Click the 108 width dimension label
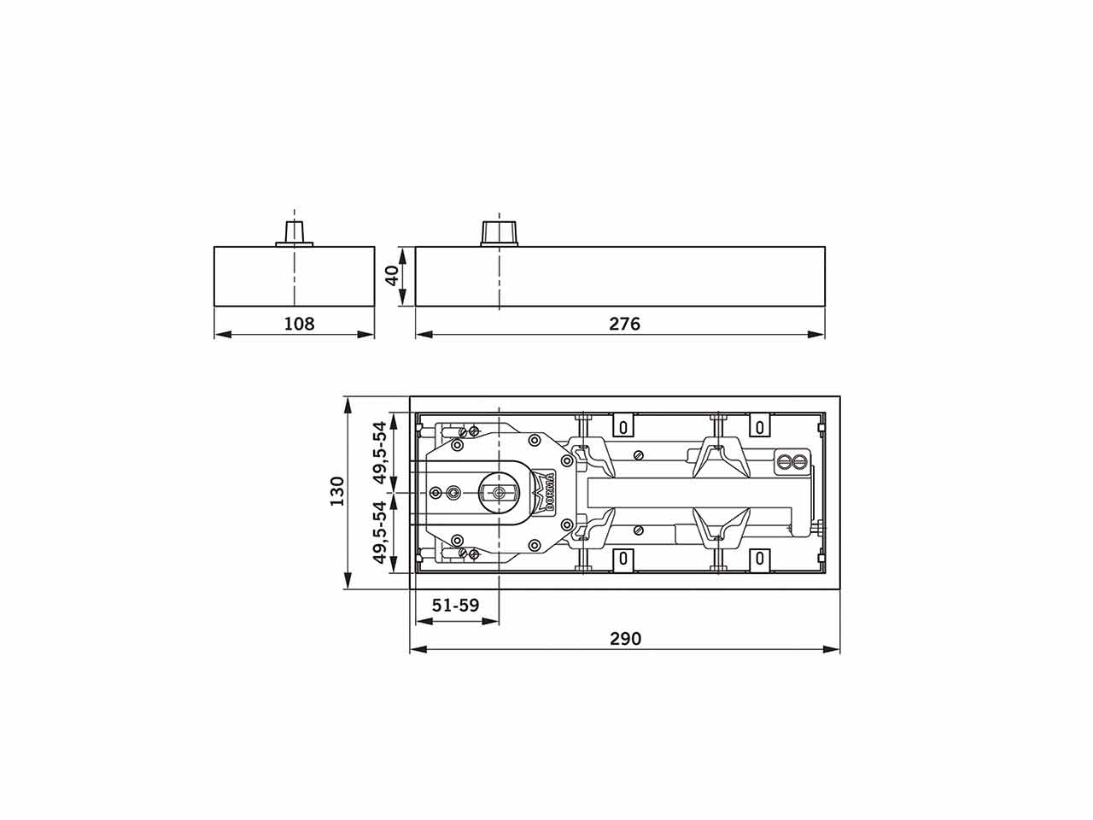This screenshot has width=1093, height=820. pyautogui.click(x=299, y=324)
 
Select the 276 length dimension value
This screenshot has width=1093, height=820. pyautogui.click(x=624, y=324)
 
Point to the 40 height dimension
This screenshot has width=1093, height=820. pyautogui.click(x=393, y=276)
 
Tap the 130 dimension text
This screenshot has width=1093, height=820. pyautogui.click(x=337, y=491)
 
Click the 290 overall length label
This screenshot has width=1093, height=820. pyautogui.click(x=625, y=639)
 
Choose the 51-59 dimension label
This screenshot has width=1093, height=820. pyautogui.click(x=455, y=605)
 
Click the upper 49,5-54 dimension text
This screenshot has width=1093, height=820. pyautogui.click(x=381, y=453)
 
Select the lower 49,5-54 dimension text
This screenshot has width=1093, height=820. pyautogui.click(x=381, y=533)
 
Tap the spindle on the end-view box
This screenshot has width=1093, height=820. pyautogui.click(x=295, y=234)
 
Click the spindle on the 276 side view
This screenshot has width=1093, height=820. pyautogui.click(x=499, y=233)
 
